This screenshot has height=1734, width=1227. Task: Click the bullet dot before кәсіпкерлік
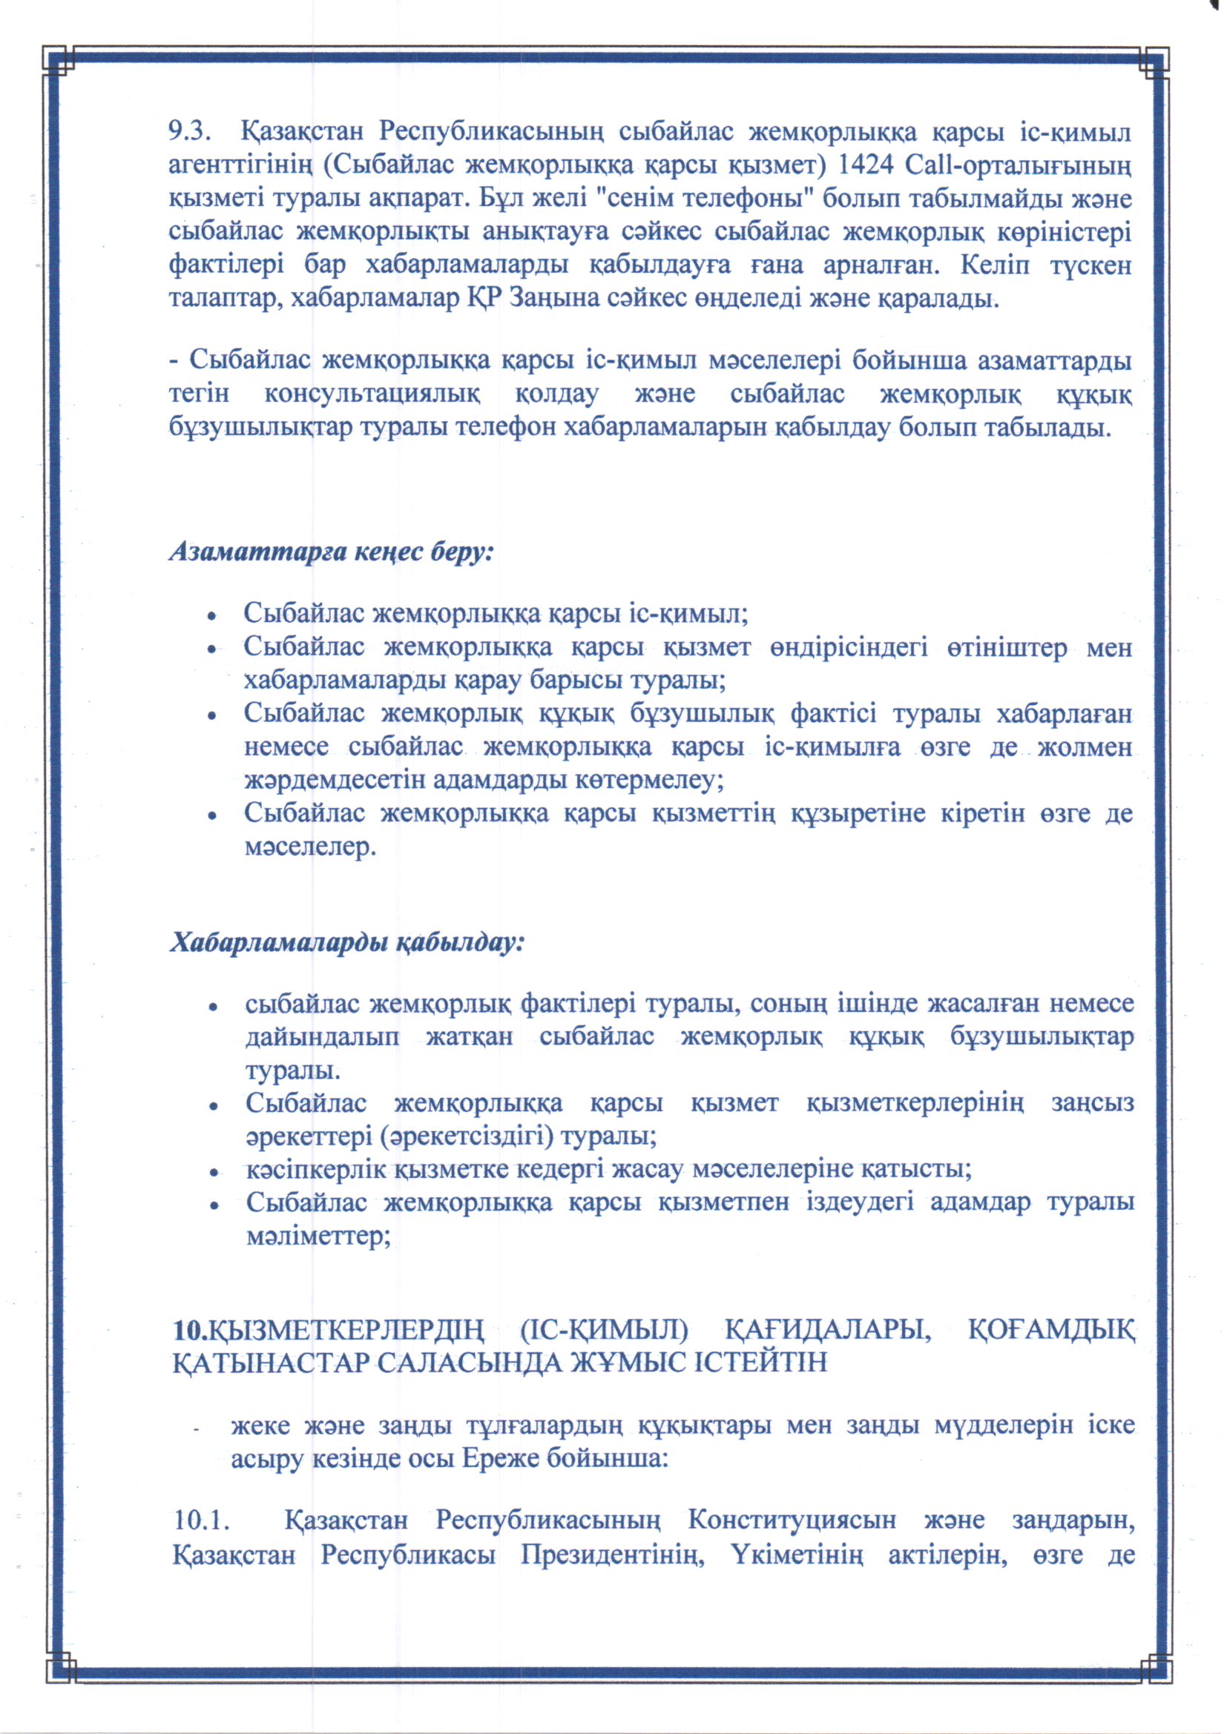point(214,1172)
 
